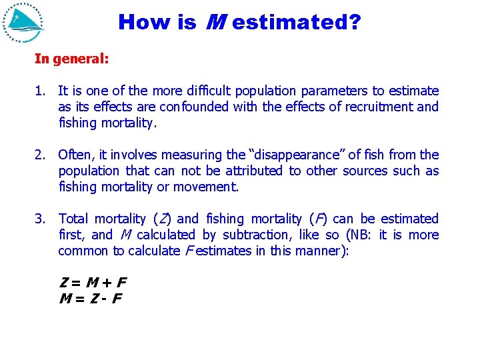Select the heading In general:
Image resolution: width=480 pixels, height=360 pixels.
72,59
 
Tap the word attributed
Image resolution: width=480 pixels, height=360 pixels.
254,171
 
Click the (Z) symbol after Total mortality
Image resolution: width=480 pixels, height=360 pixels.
162,219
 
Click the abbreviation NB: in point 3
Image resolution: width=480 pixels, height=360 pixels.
365,235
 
